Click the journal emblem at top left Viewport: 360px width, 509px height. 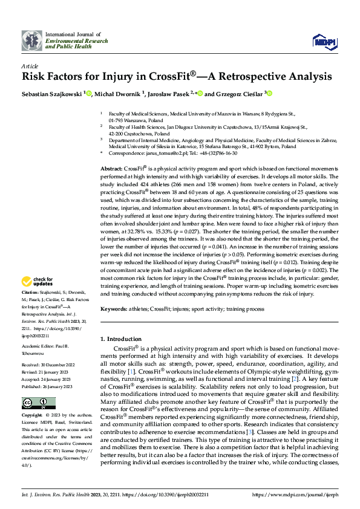click(31, 40)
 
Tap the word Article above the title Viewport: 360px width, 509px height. click(30, 66)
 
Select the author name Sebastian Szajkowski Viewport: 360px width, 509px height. click(52, 94)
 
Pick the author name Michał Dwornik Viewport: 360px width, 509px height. click(116, 94)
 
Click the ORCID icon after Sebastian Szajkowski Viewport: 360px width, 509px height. click(88, 94)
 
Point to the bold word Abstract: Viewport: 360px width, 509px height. click(111, 167)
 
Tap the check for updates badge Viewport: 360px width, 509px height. click(37, 281)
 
